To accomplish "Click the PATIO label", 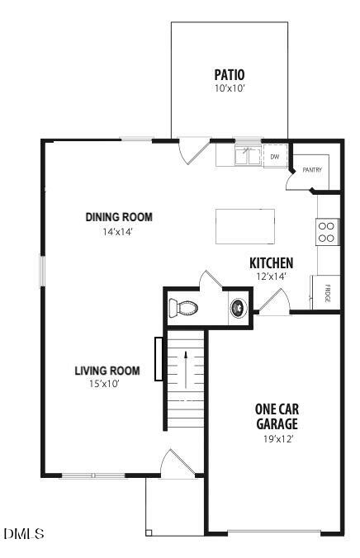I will pyautogui.click(x=230, y=73).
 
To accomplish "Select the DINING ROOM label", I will pyautogui.click(x=120, y=218).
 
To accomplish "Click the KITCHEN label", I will pyautogui.click(x=272, y=263).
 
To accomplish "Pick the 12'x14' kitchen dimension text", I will pyautogui.click(x=272, y=277).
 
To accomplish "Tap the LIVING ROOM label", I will pyautogui.click(x=107, y=370).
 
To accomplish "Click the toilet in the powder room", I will pyautogui.click(x=183, y=309).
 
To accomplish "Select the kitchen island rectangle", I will pyautogui.click(x=246, y=226).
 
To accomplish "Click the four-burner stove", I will pyautogui.click(x=327, y=231).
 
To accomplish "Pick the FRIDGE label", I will pyautogui.click(x=327, y=293).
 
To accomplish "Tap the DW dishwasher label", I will pyautogui.click(x=275, y=156).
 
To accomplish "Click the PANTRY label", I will pyautogui.click(x=311, y=170).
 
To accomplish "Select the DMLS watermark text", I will pyautogui.click(x=24, y=534).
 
